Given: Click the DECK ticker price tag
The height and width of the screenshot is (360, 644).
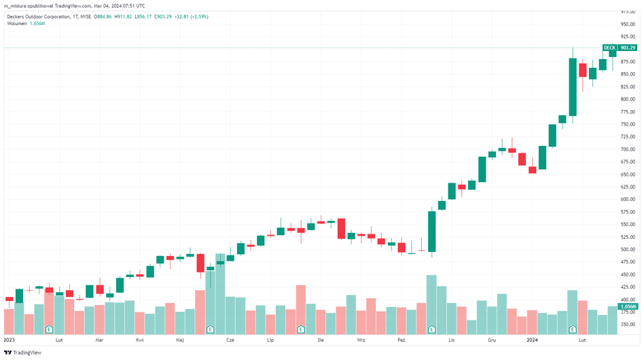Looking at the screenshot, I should [x=609, y=48].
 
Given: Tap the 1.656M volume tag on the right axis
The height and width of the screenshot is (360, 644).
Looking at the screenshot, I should [x=628, y=306].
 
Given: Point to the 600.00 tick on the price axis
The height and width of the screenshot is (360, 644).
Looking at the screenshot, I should [x=627, y=199].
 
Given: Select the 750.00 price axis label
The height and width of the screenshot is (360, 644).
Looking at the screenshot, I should [x=627, y=124].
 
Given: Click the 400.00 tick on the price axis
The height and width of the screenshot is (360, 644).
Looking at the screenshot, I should [x=627, y=300].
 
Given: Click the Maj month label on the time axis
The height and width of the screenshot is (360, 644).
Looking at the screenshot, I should [x=179, y=339].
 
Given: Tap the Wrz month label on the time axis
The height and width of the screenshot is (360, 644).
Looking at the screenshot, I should [x=361, y=339].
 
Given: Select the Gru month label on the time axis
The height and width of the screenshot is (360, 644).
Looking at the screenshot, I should [x=491, y=339].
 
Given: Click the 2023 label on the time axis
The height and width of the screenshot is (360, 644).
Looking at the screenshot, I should [x=10, y=339].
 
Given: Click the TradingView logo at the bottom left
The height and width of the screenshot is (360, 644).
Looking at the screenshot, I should [x=22, y=353].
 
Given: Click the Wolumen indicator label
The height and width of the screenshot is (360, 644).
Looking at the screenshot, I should [x=17, y=24].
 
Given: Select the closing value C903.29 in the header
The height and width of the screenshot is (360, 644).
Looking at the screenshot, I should [x=161, y=16].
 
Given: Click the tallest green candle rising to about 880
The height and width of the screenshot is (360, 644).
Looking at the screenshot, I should [x=573, y=87].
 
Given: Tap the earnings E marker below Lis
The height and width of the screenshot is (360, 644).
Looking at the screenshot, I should [x=431, y=329].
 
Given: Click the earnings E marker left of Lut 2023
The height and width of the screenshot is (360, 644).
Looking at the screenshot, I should [x=49, y=329].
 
